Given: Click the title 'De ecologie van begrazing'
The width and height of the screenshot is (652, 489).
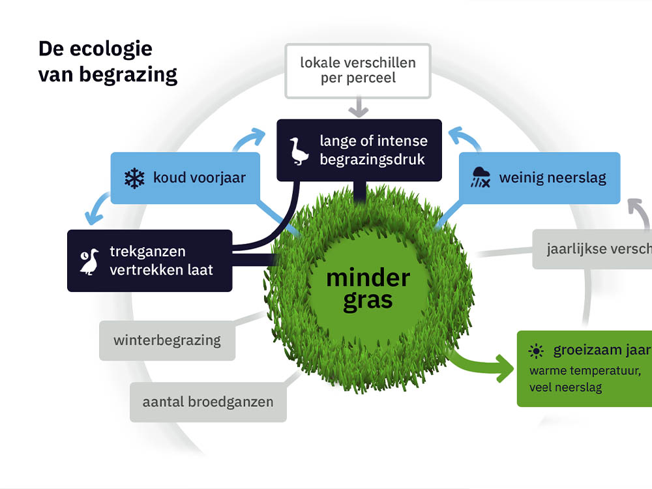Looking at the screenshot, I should (108, 62).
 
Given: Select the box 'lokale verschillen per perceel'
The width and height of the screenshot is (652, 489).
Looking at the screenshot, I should (357, 70).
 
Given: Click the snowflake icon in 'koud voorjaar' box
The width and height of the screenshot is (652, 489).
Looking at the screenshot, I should (134, 178).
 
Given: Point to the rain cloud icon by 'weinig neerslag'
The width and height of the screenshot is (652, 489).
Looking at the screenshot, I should (482, 177).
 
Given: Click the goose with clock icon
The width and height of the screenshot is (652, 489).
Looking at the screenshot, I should (90, 261).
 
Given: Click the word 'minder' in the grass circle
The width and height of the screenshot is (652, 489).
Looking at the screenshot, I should (368, 278).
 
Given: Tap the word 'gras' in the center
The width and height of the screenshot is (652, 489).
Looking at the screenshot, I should (368, 301).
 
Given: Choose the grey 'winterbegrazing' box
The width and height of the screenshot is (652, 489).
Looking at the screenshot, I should (167, 340).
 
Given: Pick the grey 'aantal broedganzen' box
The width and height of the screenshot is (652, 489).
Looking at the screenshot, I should (207, 402).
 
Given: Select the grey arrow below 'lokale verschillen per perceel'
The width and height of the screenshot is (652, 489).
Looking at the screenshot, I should (359, 106).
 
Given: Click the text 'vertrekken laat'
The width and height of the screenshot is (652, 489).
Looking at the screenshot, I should (161, 269).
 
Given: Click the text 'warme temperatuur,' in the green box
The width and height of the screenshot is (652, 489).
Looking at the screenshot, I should (585, 371).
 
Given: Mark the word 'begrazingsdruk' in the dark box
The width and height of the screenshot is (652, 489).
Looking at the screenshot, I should (372, 159).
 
